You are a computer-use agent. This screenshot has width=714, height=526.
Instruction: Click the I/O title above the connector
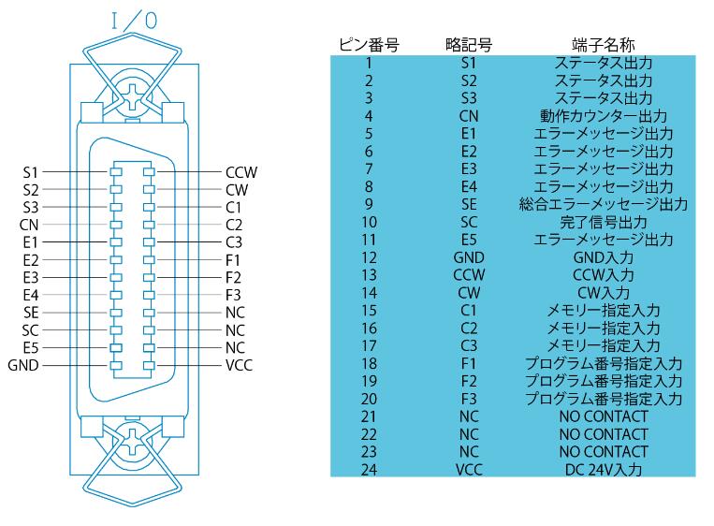135,21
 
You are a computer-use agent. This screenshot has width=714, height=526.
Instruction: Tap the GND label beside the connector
23,365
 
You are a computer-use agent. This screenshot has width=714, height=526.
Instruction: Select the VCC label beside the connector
239,365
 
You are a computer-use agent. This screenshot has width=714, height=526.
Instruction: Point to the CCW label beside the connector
241,172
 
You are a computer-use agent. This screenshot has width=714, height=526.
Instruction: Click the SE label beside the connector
31,313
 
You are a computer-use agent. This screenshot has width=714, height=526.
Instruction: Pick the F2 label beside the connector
233,277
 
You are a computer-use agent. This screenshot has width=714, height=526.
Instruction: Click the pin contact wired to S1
116,172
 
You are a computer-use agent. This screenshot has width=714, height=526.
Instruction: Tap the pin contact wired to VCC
149,365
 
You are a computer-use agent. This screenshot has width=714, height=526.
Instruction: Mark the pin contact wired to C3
149,242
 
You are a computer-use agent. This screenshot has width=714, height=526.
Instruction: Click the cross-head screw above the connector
133,97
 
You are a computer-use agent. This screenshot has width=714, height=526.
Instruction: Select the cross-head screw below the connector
133,442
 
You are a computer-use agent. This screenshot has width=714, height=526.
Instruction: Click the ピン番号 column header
369,45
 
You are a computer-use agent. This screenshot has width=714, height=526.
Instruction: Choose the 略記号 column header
469,45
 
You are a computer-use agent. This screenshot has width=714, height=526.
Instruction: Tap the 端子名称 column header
604,45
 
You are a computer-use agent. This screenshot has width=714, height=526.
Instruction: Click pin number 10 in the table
369,222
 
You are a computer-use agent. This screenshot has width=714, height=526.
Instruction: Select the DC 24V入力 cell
604,470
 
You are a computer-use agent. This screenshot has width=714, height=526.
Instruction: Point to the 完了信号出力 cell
604,222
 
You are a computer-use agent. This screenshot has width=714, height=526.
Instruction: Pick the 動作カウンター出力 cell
604,116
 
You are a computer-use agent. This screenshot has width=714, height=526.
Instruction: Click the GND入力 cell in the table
604,257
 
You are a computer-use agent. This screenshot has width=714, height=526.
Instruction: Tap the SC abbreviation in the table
469,222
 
